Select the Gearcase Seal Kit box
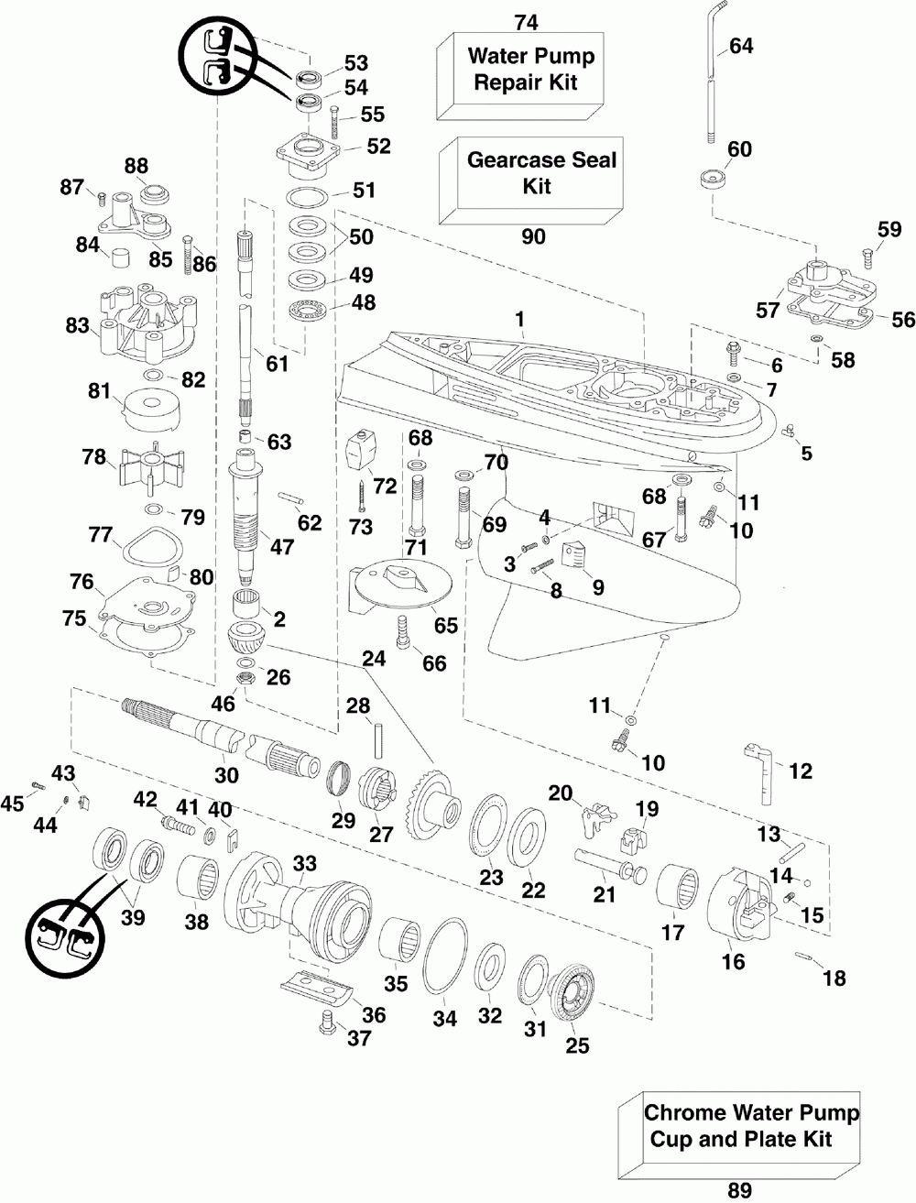pos(531,180)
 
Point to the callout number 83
pos(77,325)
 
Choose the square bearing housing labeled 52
pos(309,154)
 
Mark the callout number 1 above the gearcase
pos(520,319)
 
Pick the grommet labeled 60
pos(713,180)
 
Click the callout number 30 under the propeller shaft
pos(226,775)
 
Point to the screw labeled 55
pos(334,125)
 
